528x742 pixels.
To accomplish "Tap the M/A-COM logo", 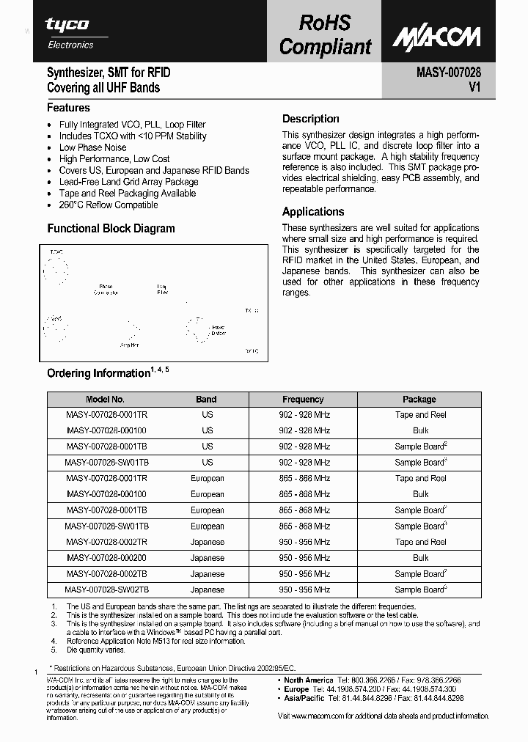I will pos(436,37).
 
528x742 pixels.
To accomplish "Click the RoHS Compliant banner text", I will pos(325,34).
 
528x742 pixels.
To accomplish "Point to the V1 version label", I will pos(474,88).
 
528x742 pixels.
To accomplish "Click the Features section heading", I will pos(68,108).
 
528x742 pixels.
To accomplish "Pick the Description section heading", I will pos(311,119).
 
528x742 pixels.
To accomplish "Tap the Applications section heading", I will pos(313,212).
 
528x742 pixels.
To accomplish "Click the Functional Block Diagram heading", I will pos(111,228).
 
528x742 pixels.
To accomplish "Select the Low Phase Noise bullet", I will pos(92,147).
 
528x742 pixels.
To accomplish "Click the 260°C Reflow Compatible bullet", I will pos(109,205).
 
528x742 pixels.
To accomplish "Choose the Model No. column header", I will pos(106,400).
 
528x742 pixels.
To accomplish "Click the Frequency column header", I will pos(303,400).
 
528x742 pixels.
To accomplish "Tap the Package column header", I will pos(419,400).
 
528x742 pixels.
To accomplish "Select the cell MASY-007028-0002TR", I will pos(106,542).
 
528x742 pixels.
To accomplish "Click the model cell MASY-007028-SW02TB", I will pos(106,589).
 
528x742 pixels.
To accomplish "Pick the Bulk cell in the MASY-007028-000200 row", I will pos(420,558).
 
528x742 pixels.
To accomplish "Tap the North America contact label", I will pos(309,680).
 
